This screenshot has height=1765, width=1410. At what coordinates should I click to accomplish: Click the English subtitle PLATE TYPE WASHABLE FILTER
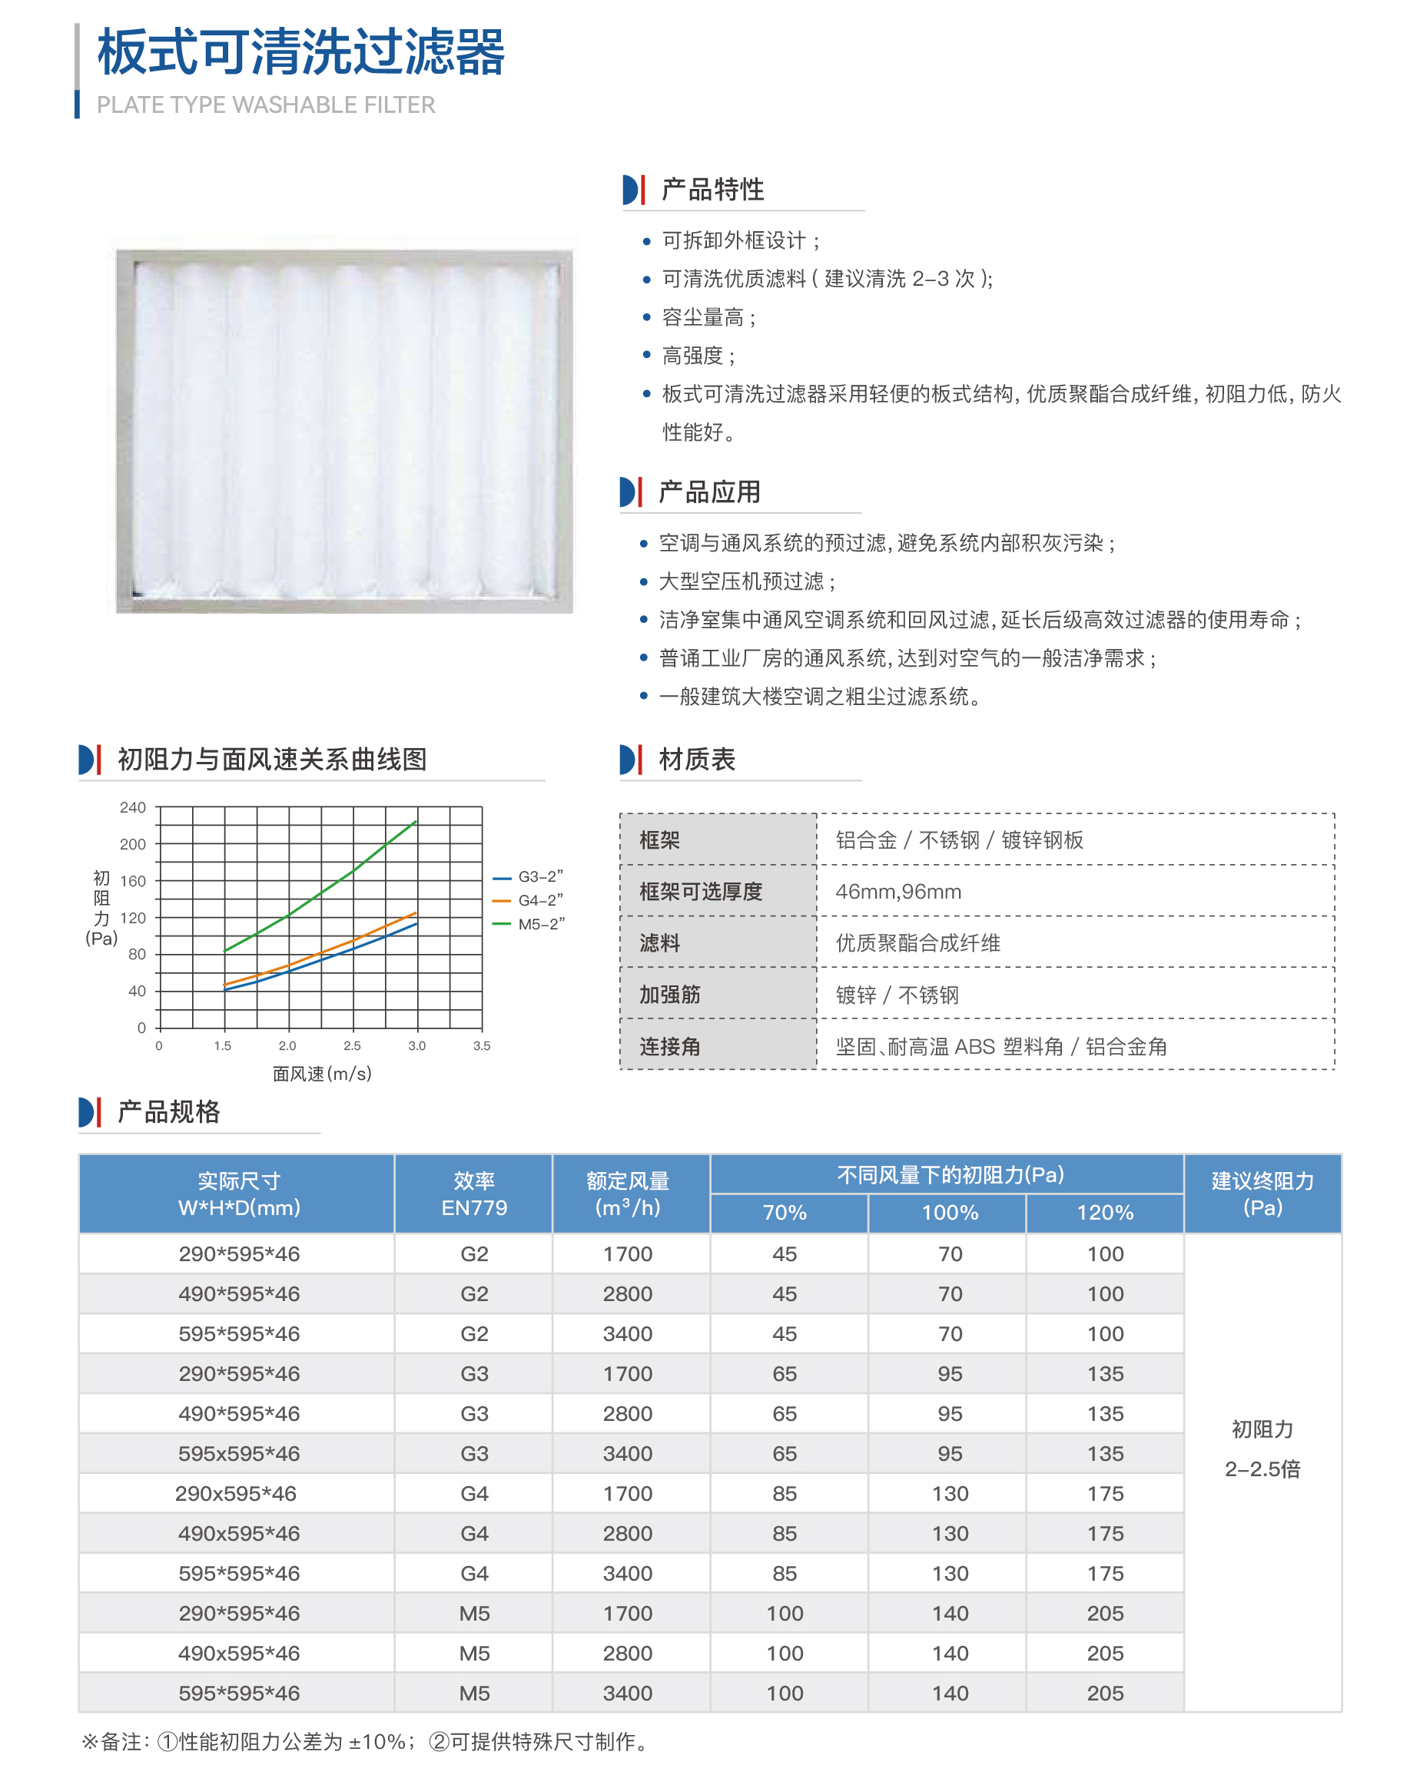[265, 104]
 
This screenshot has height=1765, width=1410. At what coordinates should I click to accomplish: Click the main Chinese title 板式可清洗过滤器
[300, 52]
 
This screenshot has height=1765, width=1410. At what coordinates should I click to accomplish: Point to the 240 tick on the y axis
[133, 808]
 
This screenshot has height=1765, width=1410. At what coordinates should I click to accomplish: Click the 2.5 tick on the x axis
[352, 1045]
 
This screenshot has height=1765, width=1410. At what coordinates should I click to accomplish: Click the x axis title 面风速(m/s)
[322, 1073]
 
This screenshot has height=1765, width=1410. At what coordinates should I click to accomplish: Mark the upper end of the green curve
[416, 821]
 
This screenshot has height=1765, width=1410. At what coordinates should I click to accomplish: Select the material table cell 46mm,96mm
[898, 892]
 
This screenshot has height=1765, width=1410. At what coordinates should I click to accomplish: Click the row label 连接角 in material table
[669, 1046]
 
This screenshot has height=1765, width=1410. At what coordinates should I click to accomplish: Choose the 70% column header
[785, 1213]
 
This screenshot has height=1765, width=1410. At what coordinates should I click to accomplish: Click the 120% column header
[1105, 1213]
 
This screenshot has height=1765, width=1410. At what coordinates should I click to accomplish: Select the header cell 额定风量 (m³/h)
[628, 1194]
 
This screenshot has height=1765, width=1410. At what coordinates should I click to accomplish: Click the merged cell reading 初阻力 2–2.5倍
[1262, 1449]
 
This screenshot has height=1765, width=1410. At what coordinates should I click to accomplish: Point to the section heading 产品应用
[709, 492]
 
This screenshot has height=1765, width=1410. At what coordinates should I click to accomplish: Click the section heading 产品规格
[169, 1111]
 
